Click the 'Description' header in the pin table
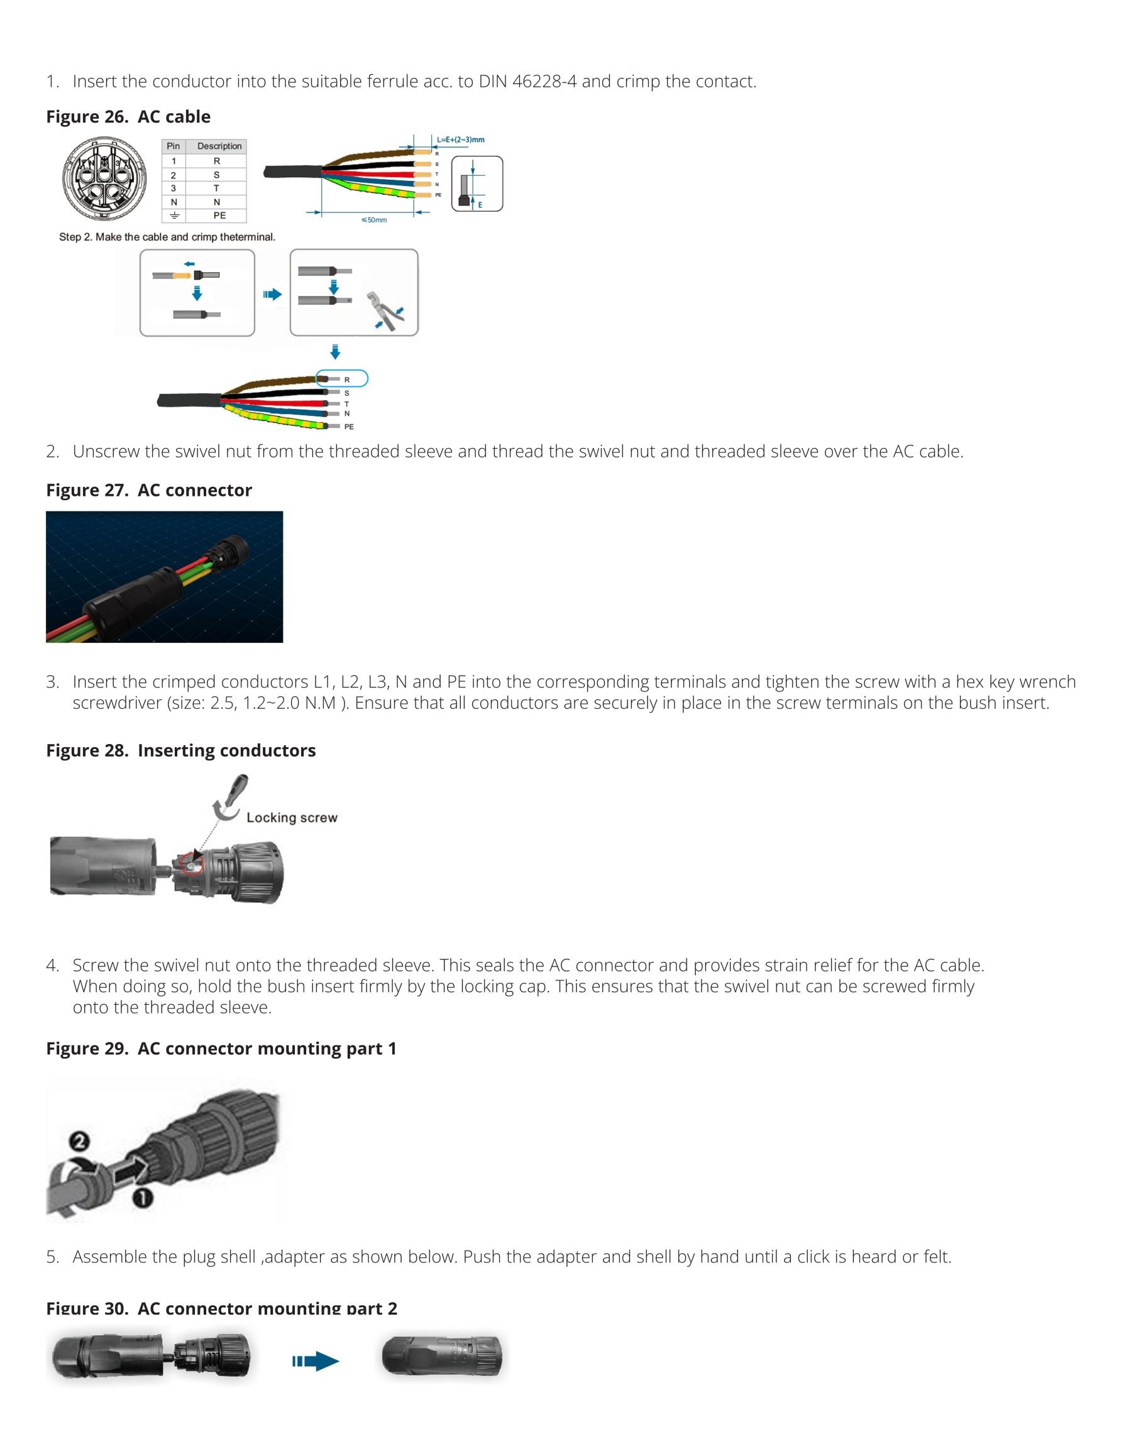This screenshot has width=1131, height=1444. (x=219, y=146)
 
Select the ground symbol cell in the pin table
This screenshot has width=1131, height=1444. (x=174, y=216)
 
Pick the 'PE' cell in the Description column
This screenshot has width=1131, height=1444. (x=219, y=216)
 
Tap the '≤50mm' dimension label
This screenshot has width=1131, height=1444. (x=374, y=220)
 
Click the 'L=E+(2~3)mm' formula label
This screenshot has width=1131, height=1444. (x=461, y=139)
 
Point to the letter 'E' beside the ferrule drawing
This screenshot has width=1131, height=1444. (x=480, y=205)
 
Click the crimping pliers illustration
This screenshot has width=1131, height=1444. (x=386, y=309)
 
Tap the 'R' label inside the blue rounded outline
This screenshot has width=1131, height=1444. (x=347, y=380)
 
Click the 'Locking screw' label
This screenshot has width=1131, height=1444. (x=292, y=818)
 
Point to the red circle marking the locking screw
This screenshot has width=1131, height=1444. (x=192, y=864)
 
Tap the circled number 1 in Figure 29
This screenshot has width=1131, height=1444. (x=142, y=1198)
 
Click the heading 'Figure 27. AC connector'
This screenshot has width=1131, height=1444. (x=149, y=490)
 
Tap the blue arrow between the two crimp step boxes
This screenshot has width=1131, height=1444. (x=272, y=295)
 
